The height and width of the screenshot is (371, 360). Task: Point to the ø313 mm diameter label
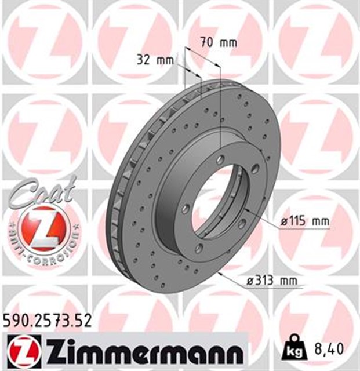[272, 281]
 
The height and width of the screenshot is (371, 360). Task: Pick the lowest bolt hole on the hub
[199, 249]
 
